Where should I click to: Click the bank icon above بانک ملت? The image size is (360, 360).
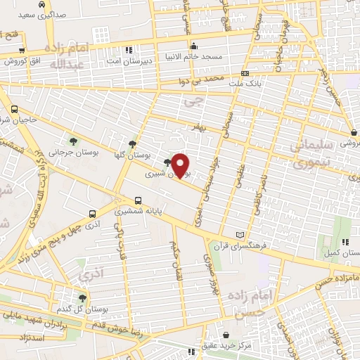[x=244, y=73]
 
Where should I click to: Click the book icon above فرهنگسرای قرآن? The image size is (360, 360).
[x=241, y=233]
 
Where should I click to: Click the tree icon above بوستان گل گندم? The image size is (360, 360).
[x=83, y=298]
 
